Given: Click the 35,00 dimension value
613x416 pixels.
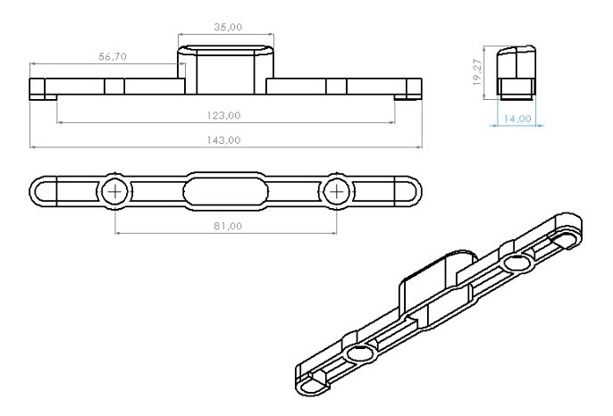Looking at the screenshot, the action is (x=228, y=27).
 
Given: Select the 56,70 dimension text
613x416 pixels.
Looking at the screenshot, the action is (x=113, y=56).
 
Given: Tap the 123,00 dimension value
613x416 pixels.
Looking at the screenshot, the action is (x=223, y=115).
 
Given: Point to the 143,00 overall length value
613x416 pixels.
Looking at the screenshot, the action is (x=223, y=140).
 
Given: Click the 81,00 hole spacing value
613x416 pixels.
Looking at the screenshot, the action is (x=228, y=226).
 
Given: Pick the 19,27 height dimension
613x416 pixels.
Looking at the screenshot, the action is (x=477, y=72).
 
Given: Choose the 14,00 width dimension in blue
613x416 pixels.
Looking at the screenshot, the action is (x=517, y=119).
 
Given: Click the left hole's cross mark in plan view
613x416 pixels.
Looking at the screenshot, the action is (x=115, y=192).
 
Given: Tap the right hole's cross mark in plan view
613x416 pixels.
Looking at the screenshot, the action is (x=336, y=192).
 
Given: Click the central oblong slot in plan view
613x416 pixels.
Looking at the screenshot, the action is (x=225, y=191).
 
